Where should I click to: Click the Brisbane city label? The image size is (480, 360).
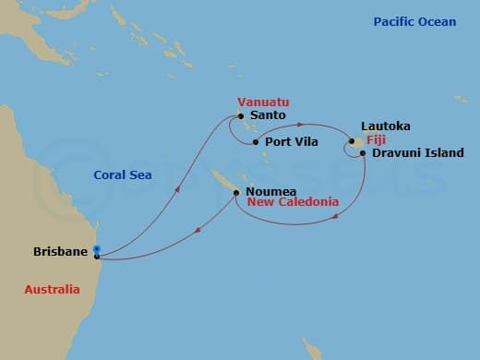pos(60,251)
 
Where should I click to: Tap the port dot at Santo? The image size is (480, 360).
pos(241,116)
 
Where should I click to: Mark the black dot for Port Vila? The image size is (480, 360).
pos(256,142)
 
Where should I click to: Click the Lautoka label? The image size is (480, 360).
pos(387,126)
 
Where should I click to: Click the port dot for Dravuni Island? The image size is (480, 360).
pos(363,152)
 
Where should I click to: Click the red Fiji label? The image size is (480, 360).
pos(376,139)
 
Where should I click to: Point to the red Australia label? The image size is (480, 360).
pos(52,291)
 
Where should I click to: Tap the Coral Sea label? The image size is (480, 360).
pos(123,174)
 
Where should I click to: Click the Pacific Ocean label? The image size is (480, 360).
pos(414,21)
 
